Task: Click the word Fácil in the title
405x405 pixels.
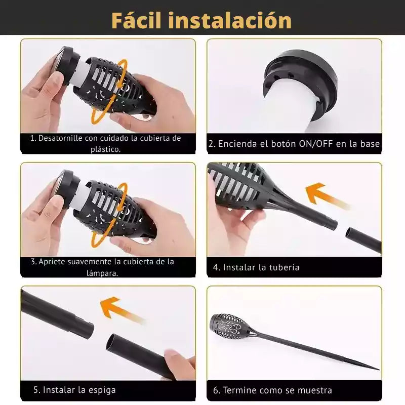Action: [136, 20]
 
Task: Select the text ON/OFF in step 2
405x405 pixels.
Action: [315, 144]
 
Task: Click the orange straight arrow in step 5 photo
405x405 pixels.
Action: [121, 309]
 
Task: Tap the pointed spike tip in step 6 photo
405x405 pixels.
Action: [379, 369]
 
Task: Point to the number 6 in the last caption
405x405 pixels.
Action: [216, 390]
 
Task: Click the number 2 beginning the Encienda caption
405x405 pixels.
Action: [211, 144]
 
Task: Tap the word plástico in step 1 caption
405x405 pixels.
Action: [105, 149]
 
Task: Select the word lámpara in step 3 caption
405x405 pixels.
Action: [102, 273]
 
